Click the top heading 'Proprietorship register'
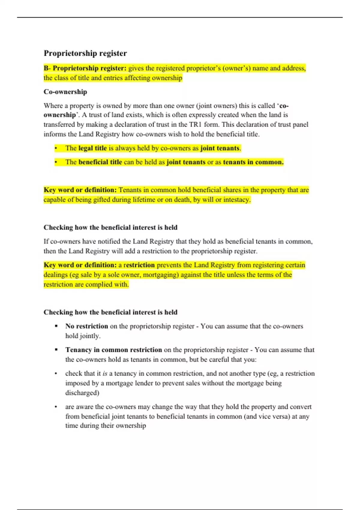pos(85,53)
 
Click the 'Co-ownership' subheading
pos(65,92)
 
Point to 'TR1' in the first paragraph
pos(195,124)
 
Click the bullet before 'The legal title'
pos(56,148)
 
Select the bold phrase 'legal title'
pos(92,148)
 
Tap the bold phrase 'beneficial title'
pos(100,162)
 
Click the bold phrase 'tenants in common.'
pos(253,162)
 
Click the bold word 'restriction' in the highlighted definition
pos(139,265)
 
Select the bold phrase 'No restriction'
pos(87,326)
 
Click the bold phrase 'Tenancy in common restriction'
pos(114,350)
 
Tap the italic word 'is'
pos(105,374)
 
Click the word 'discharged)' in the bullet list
pos(82,393)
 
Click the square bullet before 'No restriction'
pos(56,326)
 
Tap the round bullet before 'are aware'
pos(56,407)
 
